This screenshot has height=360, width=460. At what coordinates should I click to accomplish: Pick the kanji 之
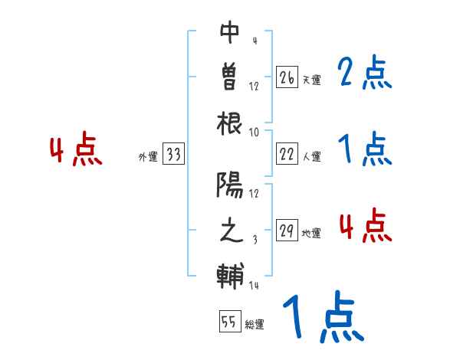[x=230, y=231]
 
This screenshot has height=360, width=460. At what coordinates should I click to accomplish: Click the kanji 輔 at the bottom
[x=230, y=277]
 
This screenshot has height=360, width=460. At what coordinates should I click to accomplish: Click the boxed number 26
[x=287, y=77]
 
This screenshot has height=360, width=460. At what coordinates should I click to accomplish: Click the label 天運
[x=311, y=80]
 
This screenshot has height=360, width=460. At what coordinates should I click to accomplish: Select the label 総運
[x=255, y=324]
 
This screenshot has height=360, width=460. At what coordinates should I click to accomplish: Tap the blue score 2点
[x=365, y=74]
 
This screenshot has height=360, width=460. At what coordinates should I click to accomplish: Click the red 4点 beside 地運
[x=365, y=226]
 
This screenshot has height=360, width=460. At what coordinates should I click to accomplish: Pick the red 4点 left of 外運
[x=76, y=150]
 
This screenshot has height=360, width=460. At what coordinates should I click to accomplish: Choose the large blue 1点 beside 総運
[x=322, y=318]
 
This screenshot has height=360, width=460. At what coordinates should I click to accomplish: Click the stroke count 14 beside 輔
[x=254, y=286]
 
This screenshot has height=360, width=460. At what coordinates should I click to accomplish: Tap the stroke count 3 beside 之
[x=254, y=240]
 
